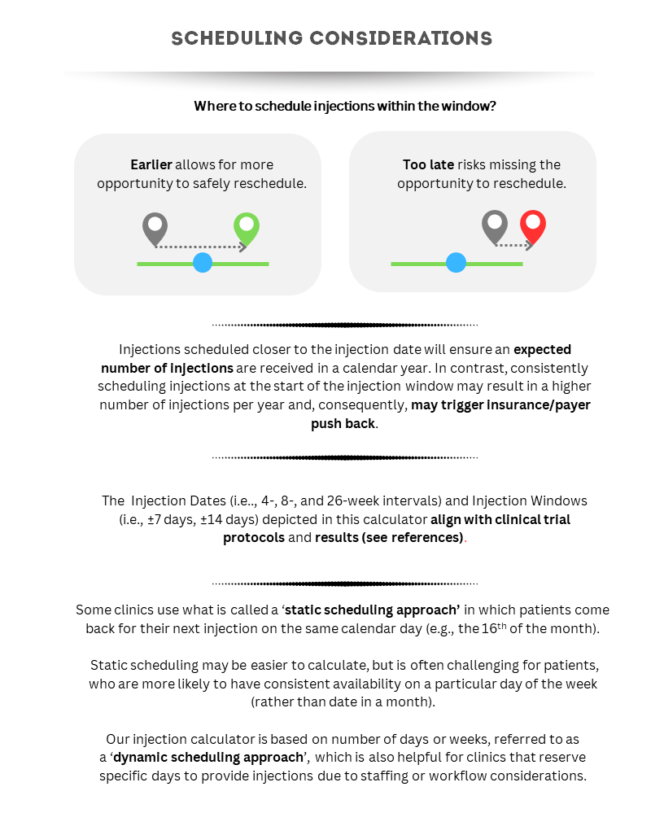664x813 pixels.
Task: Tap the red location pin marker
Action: [533, 225]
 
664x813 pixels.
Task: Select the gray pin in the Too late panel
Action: [494, 225]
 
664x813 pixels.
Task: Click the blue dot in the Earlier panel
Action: [203, 263]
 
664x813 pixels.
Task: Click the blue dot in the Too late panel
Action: [456, 263]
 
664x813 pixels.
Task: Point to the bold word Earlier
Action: [151, 165]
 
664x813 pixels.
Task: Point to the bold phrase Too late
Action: [428, 165]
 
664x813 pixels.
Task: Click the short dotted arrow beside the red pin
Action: [513, 245]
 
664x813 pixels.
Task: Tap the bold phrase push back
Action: [343, 424]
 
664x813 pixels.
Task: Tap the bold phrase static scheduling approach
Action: [372, 610]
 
